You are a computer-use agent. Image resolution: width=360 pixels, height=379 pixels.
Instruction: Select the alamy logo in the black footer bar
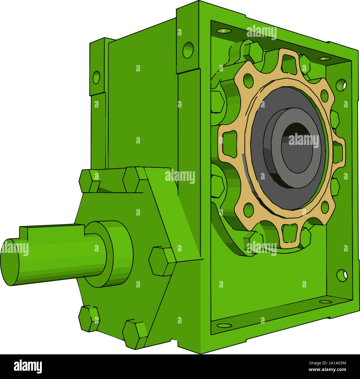coord(28,366)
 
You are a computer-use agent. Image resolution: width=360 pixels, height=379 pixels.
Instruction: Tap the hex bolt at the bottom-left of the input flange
coord(89,319)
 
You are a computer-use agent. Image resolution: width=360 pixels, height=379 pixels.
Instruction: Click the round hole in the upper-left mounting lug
coord(96,77)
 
